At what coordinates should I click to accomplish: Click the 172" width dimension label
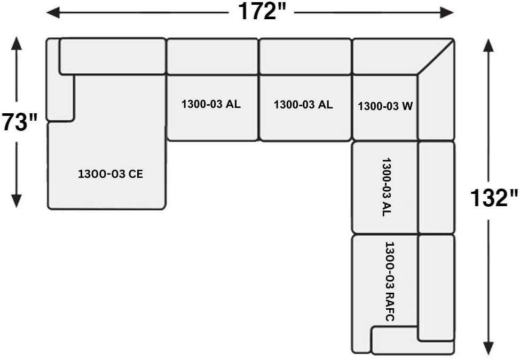tap(262, 12)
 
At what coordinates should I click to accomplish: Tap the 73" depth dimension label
tap(20, 122)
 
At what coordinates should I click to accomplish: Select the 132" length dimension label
tap(494, 198)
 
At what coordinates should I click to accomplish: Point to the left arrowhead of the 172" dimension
tap(53, 13)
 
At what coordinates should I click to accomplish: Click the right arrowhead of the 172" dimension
tap(447, 13)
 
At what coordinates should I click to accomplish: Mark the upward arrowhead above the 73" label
tap(16, 43)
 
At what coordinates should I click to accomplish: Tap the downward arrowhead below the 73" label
tap(16, 201)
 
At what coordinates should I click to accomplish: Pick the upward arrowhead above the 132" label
tap(488, 45)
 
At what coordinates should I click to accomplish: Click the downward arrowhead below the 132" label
tap(488, 348)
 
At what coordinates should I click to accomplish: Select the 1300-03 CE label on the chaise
tap(111, 174)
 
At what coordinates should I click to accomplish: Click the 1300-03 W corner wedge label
tap(385, 106)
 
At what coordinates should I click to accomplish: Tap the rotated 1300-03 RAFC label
tap(390, 281)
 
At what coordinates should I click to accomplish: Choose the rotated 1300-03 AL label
tap(387, 187)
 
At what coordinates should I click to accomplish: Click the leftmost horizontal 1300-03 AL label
tap(211, 104)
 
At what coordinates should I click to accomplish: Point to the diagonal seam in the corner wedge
tap(436, 57)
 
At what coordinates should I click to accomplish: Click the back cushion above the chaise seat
tap(113, 57)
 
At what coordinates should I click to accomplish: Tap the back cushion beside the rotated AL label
tap(436, 187)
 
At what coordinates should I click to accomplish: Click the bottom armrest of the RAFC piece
tap(413, 340)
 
